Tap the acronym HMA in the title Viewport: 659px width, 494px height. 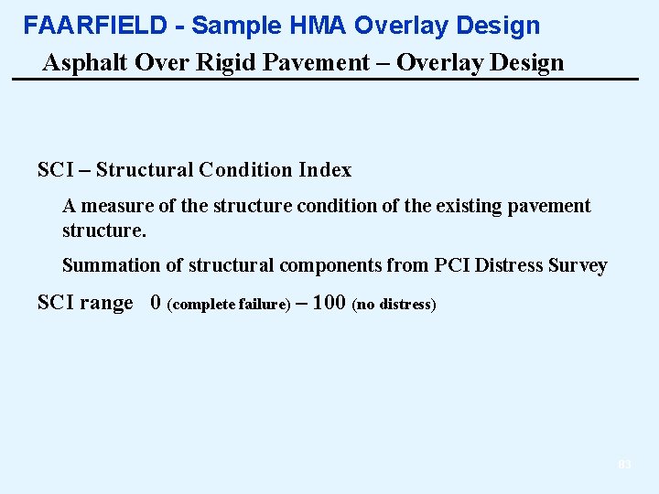click(295, 26)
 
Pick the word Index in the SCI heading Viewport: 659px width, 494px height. click(325, 170)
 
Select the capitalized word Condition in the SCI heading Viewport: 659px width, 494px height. click(245, 170)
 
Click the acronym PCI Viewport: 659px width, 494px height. click(454, 266)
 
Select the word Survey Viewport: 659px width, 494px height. click(578, 266)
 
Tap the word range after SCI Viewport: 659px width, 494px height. click(106, 304)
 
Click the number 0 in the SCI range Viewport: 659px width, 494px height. click(156, 304)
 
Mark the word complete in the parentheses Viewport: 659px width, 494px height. click(203, 305)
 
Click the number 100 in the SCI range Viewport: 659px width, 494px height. click(329, 304)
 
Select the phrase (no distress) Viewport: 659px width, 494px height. click(394, 305)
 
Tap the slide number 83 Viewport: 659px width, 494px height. click(624, 465)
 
